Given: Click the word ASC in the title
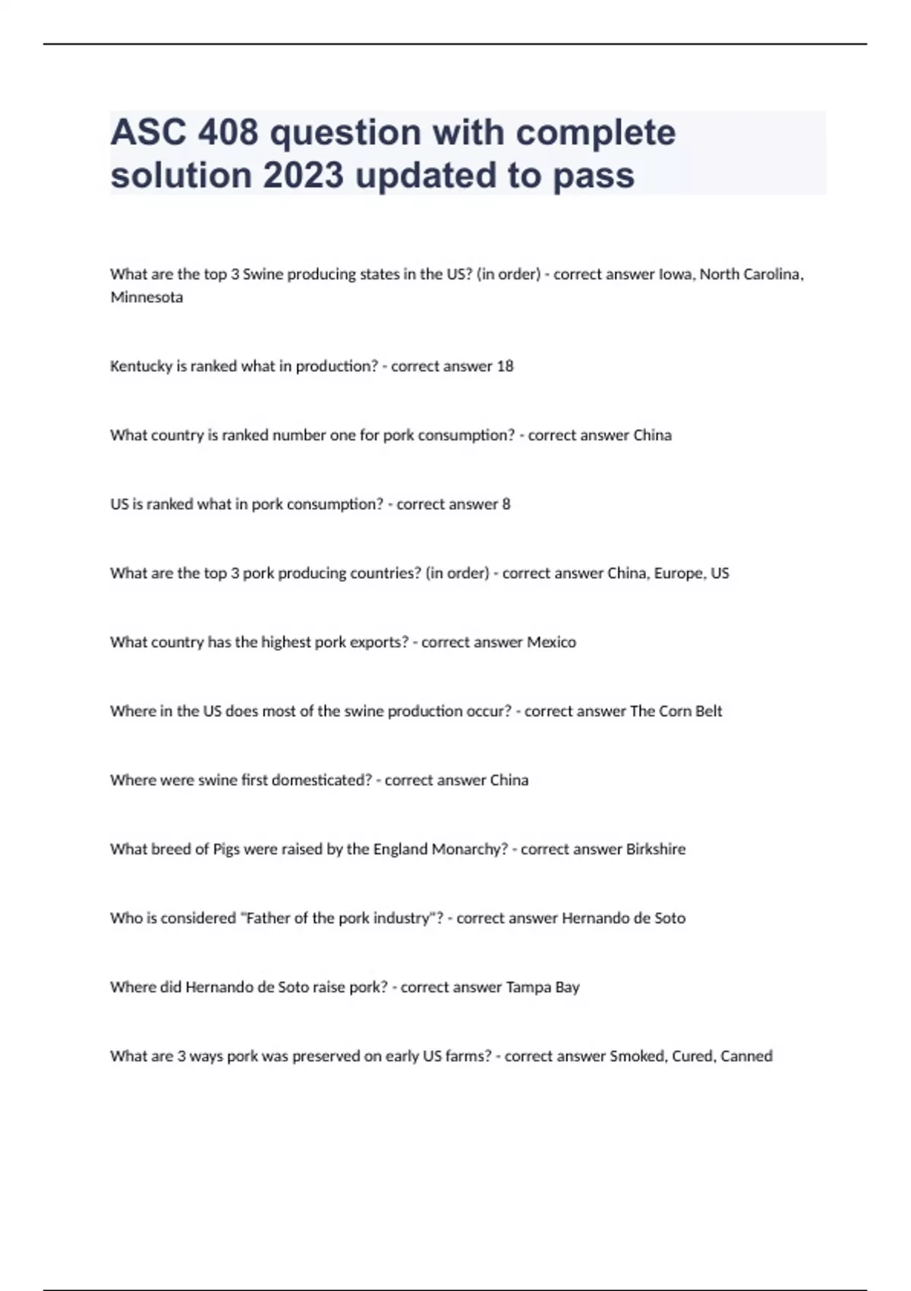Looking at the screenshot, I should (x=148, y=133).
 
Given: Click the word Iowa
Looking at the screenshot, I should (x=675, y=274).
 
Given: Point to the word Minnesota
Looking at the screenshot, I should (x=147, y=297).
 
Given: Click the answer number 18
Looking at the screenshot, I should (x=505, y=366).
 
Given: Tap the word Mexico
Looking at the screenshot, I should (x=551, y=642).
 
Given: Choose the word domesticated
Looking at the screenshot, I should (x=321, y=780).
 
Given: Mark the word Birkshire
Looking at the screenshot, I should (x=655, y=849).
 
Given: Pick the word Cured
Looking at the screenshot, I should (x=692, y=1056).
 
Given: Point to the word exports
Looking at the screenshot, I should (x=380, y=642).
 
